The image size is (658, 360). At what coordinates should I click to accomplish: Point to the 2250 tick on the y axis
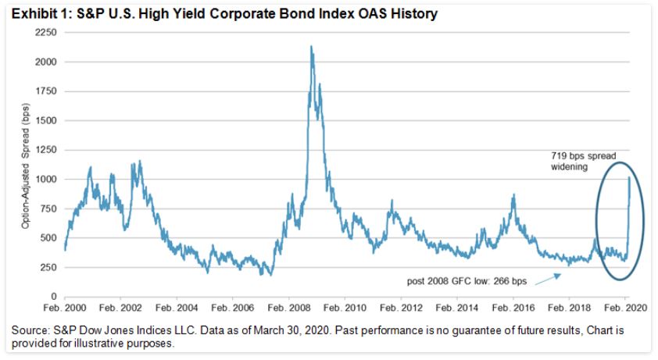[x=46, y=33]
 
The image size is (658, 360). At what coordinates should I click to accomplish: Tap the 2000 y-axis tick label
[x=46, y=62]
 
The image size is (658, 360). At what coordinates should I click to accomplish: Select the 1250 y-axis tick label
[x=46, y=150]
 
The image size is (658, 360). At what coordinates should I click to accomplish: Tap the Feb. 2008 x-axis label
[x=289, y=308]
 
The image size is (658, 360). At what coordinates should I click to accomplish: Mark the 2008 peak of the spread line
[x=312, y=47]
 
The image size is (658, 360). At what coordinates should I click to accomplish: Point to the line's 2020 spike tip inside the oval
[x=629, y=178]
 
